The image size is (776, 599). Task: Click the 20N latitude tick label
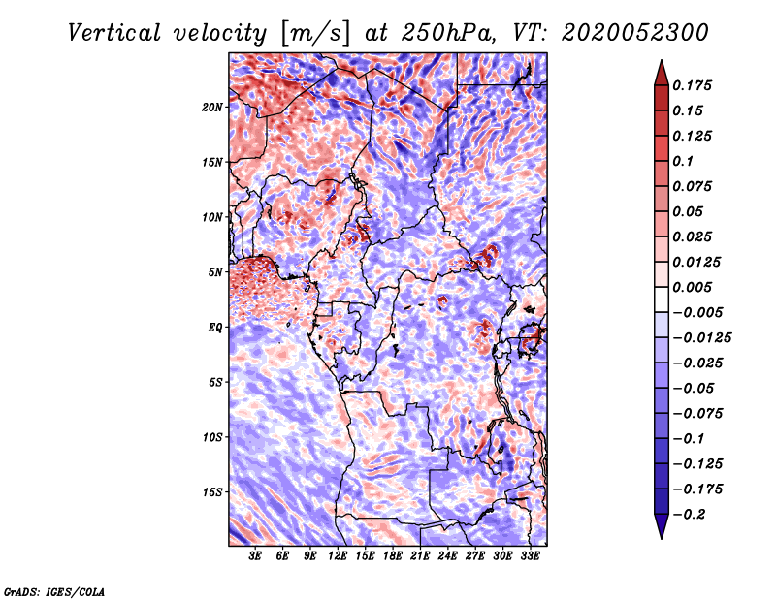pos(212,107)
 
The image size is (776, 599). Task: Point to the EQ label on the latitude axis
pos(214,328)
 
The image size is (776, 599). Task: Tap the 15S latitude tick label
pos(212,492)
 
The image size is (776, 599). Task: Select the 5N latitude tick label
pos(214,272)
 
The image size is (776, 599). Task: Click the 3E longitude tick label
pos(255,556)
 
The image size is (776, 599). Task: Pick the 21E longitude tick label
pos(420,556)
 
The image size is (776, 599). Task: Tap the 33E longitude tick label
pos(530,556)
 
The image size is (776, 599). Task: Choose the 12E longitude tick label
pos(338,556)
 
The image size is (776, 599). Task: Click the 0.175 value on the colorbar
pos(695,86)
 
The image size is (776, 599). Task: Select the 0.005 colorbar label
pos(695,288)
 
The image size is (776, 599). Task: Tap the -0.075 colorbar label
pos(700,414)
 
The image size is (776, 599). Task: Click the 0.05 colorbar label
pos(691,212)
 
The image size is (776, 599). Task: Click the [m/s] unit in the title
pos(314,33)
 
